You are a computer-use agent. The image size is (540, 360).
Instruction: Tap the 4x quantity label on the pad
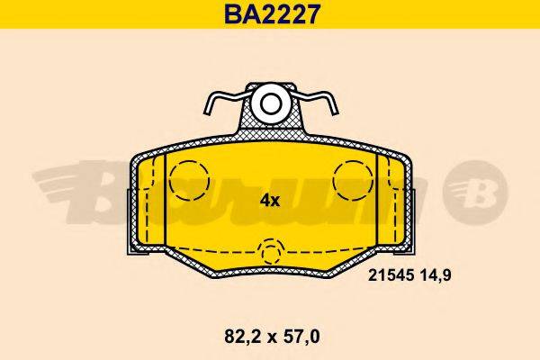[271, 201]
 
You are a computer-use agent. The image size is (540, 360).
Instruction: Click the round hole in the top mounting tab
[270, 103]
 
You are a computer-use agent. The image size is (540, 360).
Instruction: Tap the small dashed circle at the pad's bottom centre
[270, 253]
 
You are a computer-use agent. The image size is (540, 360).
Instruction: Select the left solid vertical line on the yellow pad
[166, 198]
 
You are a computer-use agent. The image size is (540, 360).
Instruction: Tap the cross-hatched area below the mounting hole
[270, 130]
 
